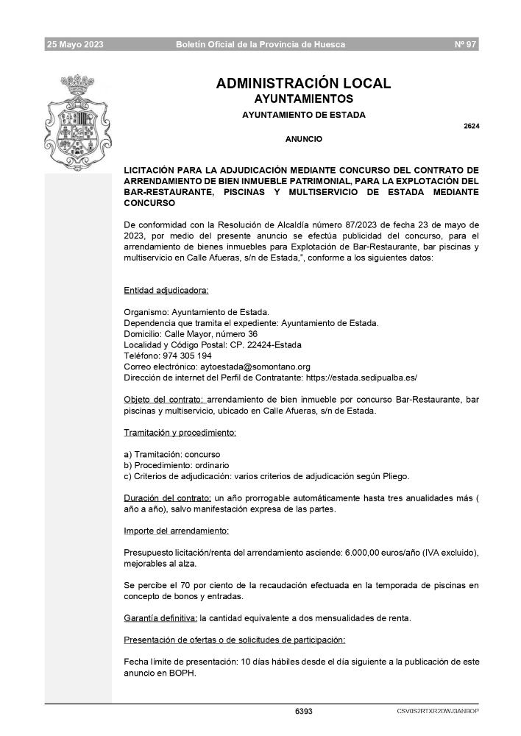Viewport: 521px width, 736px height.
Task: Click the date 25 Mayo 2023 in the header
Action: (x=75, y=45)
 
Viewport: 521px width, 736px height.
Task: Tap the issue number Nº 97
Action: (x=467, y=45)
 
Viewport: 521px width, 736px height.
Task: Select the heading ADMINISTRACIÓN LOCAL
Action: (x=303, y=84)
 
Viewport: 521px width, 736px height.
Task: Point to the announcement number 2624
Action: (x=472, y=126)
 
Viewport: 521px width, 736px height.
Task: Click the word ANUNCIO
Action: (x=303, y=138)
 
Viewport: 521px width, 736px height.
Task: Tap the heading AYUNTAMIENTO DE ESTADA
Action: (x=303, y=114)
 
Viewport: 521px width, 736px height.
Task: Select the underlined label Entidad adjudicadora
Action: (x=166, y=290)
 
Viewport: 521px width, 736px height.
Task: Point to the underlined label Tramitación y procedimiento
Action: (x=180, y=432)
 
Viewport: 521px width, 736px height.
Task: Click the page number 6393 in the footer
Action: (x=303, y=712)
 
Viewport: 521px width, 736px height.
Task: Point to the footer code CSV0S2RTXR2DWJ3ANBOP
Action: (x=437, y=712)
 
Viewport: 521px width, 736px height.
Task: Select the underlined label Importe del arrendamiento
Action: (x=176, y=530)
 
